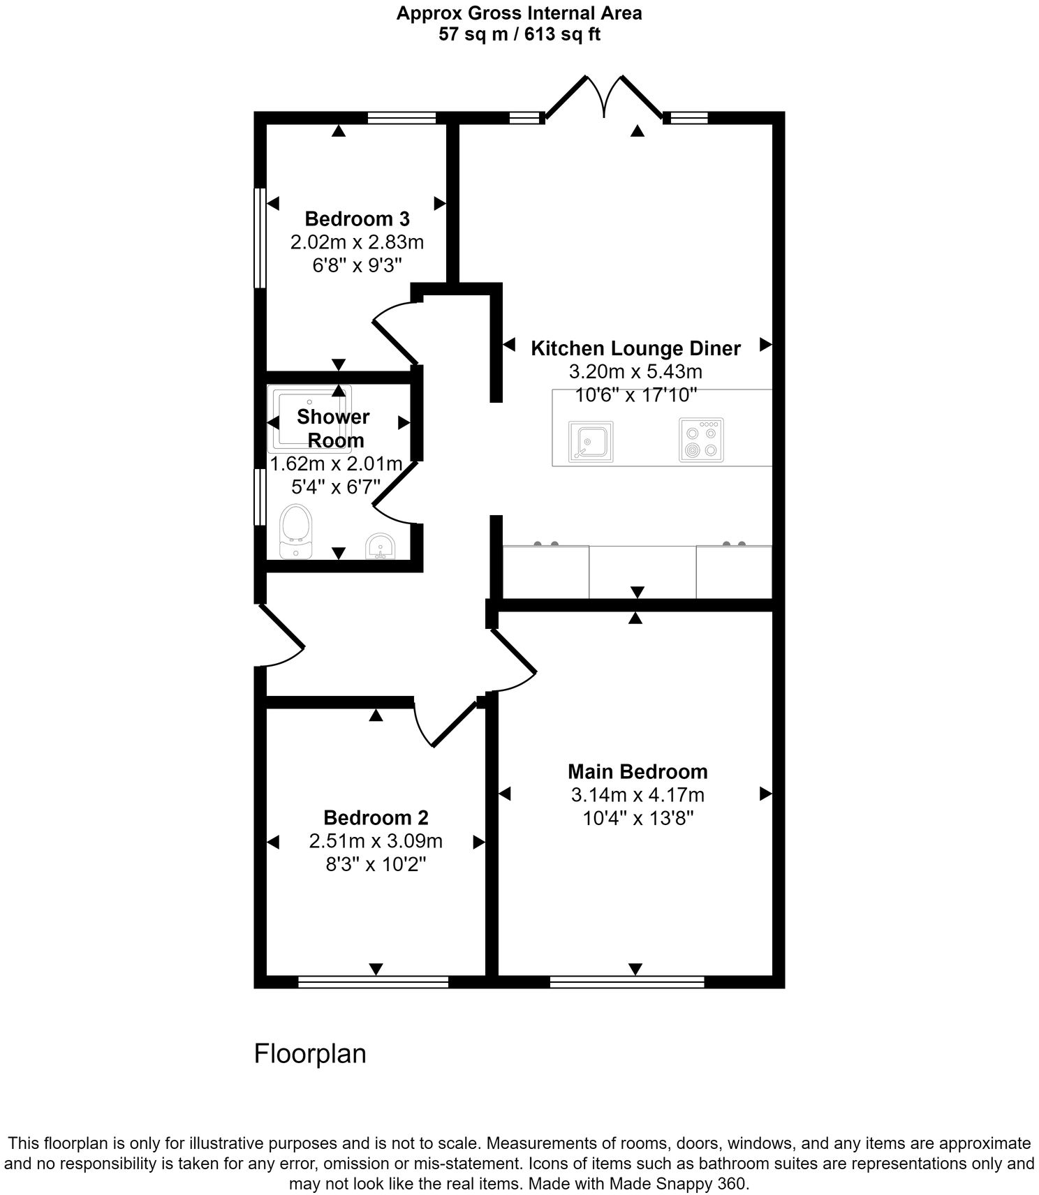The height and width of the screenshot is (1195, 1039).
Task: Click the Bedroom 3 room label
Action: click(357, 219)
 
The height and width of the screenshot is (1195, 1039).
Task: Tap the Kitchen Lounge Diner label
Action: click(635, 348)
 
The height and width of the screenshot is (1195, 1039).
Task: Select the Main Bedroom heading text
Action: click(637, 771)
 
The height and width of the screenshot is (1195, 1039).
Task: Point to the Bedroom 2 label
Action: click(376, 817)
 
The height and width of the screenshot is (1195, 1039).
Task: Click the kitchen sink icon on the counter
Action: click(591, 442)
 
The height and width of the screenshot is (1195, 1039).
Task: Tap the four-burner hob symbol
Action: click(701, 440)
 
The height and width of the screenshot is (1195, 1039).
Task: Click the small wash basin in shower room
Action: click(381, 546)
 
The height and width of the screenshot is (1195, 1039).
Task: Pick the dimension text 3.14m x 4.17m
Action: click(637, 795)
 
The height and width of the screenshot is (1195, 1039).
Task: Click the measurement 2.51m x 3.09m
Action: click(376, 841)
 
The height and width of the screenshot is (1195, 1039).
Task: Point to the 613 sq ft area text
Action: click(555, 34)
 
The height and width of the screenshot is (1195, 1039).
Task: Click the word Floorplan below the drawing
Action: click(309, 1053)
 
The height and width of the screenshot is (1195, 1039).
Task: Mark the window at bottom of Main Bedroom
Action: click(626, 982)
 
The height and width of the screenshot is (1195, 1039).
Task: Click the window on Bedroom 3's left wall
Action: click(259, 237)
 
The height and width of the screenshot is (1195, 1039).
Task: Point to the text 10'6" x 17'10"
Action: click(635, 395)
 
